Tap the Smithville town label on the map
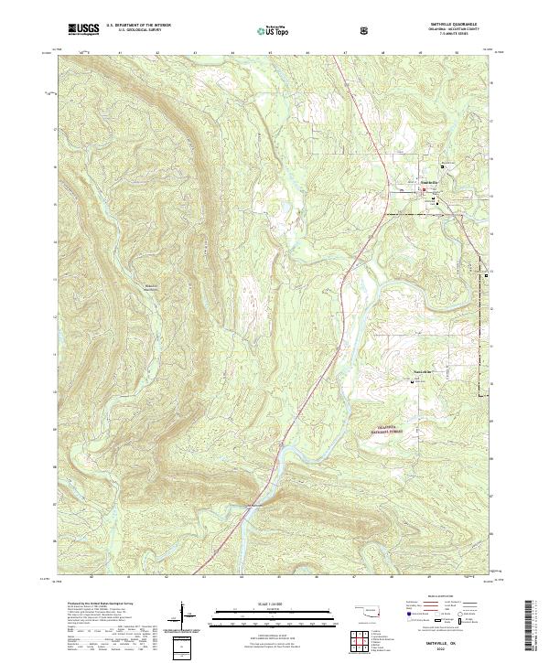pyautogui.click(x=430, y=182)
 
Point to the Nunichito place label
pyautogui.click(x=418, y=370)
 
